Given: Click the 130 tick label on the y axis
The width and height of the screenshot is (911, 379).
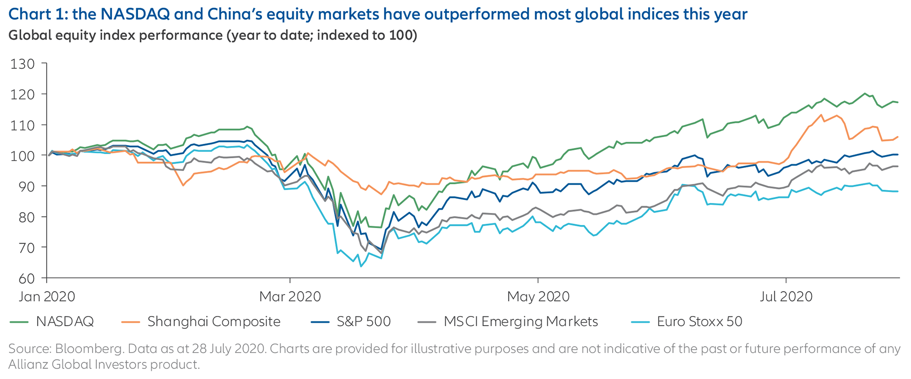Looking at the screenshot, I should [x=22, y=64].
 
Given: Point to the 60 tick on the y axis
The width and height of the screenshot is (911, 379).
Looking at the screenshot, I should [x=22, y=278].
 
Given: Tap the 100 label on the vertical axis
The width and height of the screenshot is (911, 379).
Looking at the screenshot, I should [x=22, y=156].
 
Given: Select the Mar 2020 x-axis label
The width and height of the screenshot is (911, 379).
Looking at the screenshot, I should [x=290, y=297].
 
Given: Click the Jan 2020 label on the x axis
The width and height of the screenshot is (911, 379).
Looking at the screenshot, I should [x=47, y=297].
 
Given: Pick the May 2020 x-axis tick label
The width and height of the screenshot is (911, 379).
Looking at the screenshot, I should [x=538, y=297].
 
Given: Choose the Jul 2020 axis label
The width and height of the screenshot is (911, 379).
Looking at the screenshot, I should [x=786, y=297].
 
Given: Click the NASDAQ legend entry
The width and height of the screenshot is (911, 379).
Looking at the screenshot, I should [x=65, y=322].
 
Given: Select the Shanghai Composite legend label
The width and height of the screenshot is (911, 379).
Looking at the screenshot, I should [x=214, y=322].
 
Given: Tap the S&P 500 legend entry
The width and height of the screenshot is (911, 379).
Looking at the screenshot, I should [x=363, y=322].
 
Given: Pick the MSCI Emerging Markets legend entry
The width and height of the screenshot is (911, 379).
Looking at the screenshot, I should [x=521, y=322].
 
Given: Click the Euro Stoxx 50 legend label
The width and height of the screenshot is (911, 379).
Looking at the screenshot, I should [x=699, y=322].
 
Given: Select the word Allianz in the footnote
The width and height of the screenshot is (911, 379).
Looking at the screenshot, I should [x=28, y=364].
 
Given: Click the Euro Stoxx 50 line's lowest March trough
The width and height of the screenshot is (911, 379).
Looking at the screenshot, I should [x=361, y=266].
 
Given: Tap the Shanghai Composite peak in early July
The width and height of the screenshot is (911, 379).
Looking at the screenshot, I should [x=821, y=115].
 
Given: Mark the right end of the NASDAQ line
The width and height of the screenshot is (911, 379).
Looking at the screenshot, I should [x=898, y=102].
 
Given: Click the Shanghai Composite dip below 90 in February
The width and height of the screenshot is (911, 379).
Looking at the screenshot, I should [x=183, y=185].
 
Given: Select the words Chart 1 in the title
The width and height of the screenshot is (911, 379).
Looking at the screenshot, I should [x=36, y=14].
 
